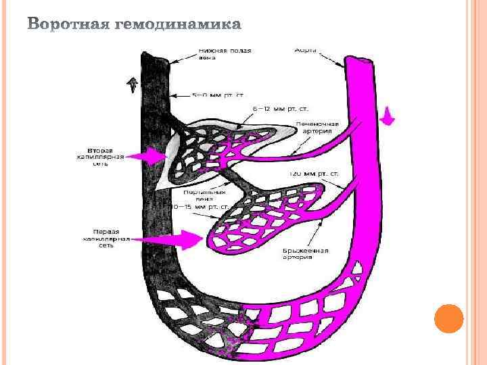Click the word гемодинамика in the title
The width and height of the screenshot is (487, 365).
[x=178, y=26]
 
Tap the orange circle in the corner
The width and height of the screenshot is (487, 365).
[x=448, y=318]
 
